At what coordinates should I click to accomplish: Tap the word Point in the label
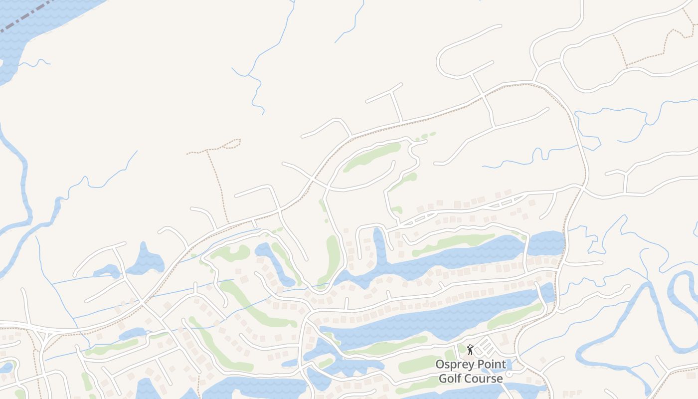pos(493,364)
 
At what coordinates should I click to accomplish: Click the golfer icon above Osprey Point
pos(470,350)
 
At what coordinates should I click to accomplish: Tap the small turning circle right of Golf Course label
pos(509,374)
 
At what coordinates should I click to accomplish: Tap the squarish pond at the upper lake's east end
pos(546,243)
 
